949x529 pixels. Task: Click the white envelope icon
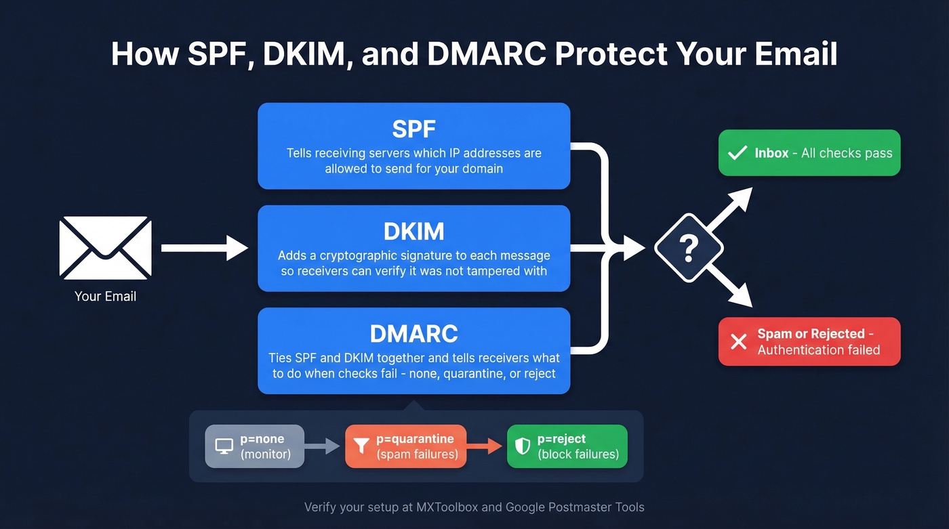(x=105, y=247)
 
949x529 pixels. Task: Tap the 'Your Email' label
(x=105, y=296)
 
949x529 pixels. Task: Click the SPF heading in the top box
(x=413, y=129)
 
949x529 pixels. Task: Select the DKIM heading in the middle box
(x=413, y=232)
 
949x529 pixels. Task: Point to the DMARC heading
(x=413, y=334)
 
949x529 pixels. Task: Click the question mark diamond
(x=689, y=249)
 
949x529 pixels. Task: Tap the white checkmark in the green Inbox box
(x=737, y=153)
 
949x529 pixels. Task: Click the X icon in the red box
(x=738, y=341)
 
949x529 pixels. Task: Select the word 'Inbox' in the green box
(x=771, y=153)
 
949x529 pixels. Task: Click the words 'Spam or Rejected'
(x=811, y=334)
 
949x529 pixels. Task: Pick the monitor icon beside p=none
(x=224, y=446)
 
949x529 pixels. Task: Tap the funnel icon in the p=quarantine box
(x=362, y=446)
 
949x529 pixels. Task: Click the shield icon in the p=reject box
(x=523, y=446)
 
